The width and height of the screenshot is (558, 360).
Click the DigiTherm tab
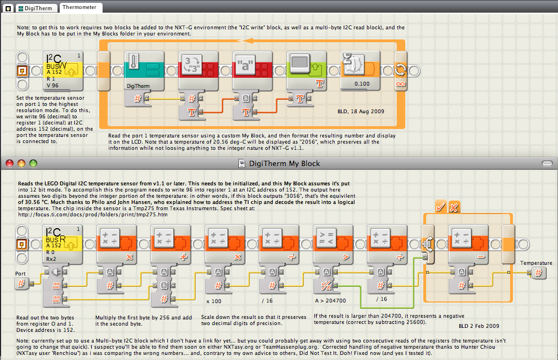click(36, 8)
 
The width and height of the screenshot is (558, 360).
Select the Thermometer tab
click(79, 7)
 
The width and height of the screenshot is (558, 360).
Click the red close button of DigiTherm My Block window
click(10, 163)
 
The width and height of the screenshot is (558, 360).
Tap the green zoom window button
click(33, 163)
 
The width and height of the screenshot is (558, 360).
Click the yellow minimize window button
click(21, 163)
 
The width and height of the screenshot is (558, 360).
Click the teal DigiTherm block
click(144, 71)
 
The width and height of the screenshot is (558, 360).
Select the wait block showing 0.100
click(360, 70)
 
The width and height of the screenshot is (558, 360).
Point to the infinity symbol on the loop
click(400, 84)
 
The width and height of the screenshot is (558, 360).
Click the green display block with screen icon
click(307, 71)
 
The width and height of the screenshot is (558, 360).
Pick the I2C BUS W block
click(63, 71)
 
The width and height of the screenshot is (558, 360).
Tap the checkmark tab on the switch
click(441, 207)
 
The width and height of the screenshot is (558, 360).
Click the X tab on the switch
click(454, 207)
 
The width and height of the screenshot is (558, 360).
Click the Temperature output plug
click(538, 273)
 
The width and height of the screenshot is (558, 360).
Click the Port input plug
click(21, 283)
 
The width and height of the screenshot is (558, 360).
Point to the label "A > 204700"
click(330, 301)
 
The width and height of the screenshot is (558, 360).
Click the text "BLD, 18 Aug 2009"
click(361, 112)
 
